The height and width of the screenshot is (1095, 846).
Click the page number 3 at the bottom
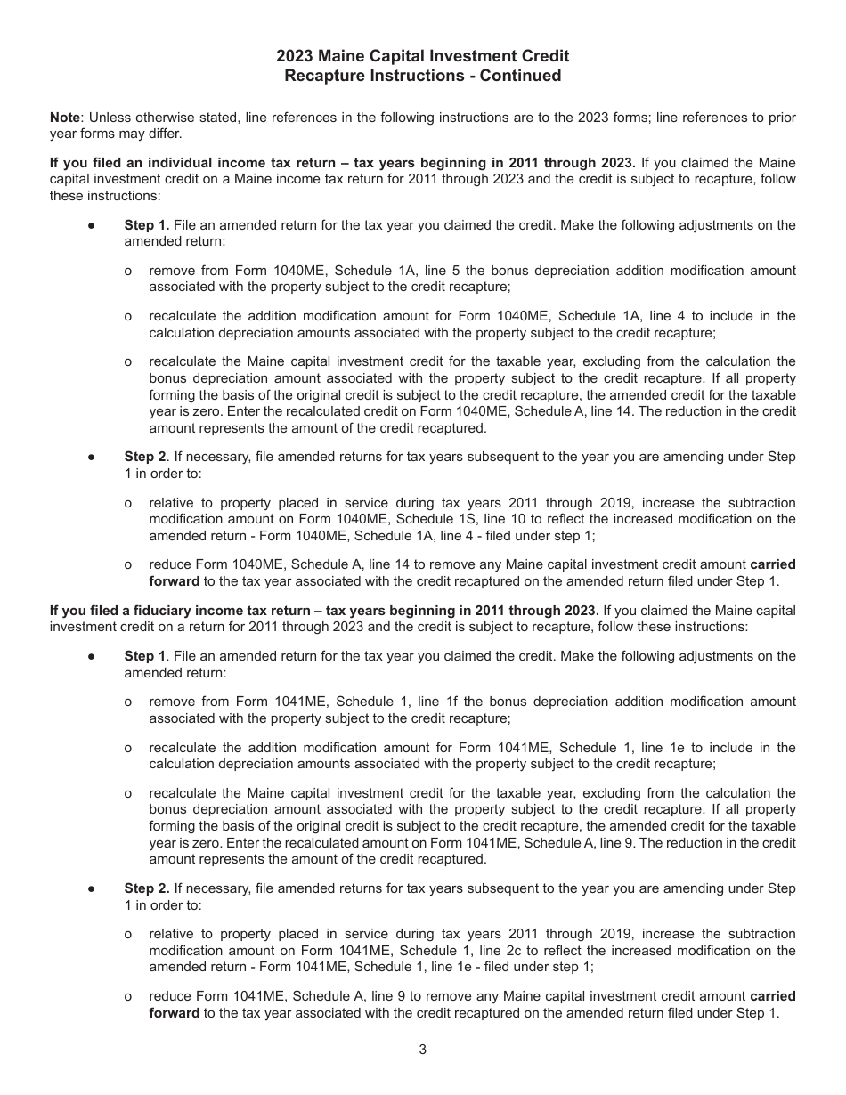point(422,1049)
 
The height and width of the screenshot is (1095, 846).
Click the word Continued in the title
point(521,76)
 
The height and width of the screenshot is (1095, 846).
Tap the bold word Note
point(64,118)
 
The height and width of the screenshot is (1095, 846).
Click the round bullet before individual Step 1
point(91,225)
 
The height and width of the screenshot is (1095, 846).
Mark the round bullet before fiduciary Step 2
point(91,888)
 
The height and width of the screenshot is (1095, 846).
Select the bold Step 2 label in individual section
point(144,457)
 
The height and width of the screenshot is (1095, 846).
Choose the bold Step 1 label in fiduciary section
point(144,656)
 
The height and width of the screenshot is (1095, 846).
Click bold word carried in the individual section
point(773,564)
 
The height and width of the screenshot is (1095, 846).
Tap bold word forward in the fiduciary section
point(174,1013)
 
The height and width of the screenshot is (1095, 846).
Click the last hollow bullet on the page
point(128,996)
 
